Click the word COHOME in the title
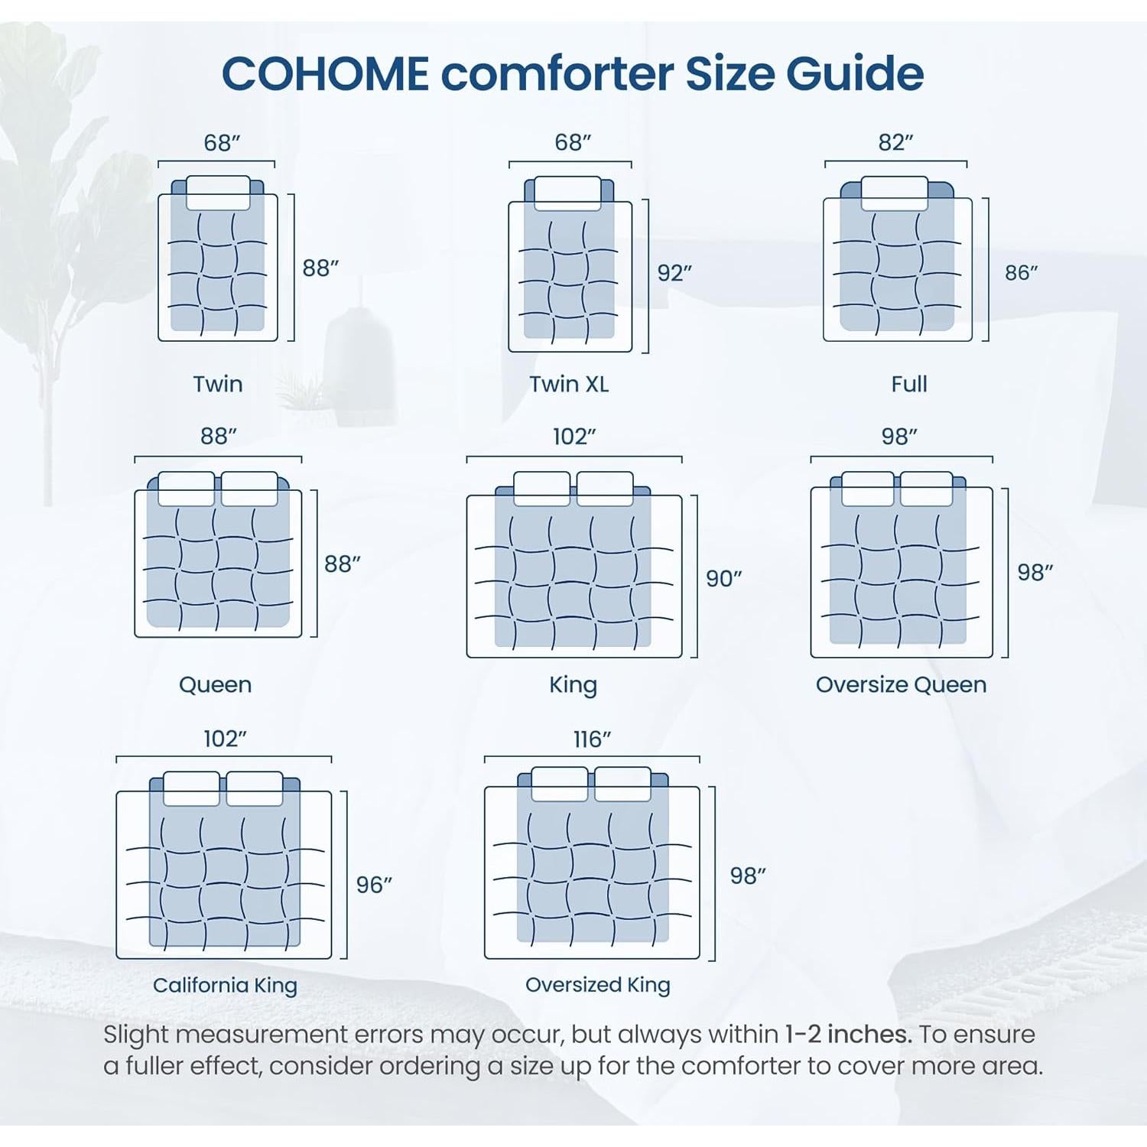click(325, 74)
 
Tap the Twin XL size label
click(569, 384)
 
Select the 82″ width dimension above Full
click(895, 142)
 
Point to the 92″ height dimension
click(674, 273)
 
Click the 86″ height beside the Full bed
click(1022, 273)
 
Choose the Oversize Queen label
click(901, 684)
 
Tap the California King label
click(225, 985)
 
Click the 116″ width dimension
click(592, 739)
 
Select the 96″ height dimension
click(374, 885)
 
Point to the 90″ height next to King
click(723, 579)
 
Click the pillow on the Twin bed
click(218, 193)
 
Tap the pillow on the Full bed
click(895, 193)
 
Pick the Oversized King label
click(597, 985)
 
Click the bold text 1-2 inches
click(848, 1034)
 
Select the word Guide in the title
click(855, 74)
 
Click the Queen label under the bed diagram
click(215, 684)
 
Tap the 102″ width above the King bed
click(574, 437)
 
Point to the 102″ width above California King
click(225, 739)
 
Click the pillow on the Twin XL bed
click(567, 193)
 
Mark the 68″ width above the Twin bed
click(222, 143)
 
